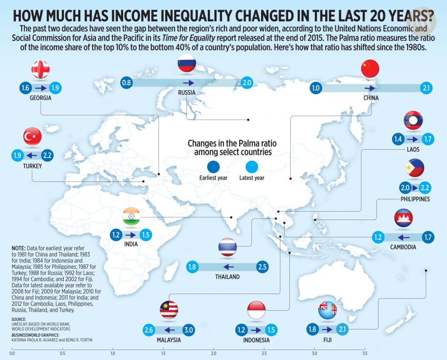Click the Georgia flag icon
(41, 69)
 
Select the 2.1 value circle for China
(426, 88)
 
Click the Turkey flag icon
(32, 137)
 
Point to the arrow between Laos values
(413, 140)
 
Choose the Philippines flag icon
(415, 168)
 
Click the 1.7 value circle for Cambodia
(429, 238)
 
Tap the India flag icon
(131, 216)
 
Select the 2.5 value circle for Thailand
(261, 267)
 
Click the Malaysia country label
(169, 340)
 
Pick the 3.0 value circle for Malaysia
(189, 330)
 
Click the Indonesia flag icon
(256, 310)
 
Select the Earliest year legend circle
(213, 167)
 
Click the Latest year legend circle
(252, 167)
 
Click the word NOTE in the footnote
(19, 248)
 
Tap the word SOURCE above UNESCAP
(20, 319)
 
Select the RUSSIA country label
(186, 93)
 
